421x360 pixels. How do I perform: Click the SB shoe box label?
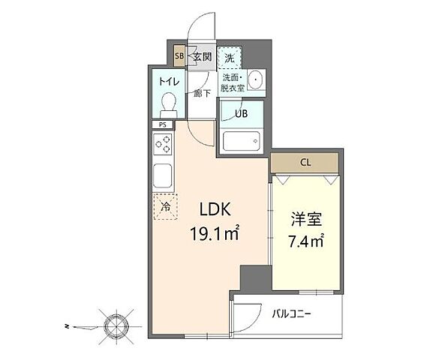[x=179, y=56]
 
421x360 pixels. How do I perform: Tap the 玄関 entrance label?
[x=203, y=56]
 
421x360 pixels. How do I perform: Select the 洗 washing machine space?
[x=230, y=58]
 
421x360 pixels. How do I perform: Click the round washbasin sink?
[x=255, y=79]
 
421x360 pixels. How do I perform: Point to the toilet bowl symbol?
[x=169, y=105]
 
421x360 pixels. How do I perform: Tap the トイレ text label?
[x=169, y=81]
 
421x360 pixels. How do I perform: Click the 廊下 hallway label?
[x=202, y=93]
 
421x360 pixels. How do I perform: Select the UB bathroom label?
[x=242, y=114]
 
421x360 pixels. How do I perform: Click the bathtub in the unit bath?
[x=242, y=141]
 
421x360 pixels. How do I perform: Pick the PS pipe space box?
[x=163, y=124]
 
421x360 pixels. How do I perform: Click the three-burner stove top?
[x=163, y=144]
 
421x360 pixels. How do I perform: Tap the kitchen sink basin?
[x=162, y=175]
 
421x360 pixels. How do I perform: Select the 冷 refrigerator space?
[x=165, y=206]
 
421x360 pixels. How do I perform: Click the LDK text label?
[x=215, y=209]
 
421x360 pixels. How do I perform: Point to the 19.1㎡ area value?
[x=215, y=232]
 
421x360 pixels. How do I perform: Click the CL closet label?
[x=305, y=162]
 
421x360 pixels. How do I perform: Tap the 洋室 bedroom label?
[x=306, y=219]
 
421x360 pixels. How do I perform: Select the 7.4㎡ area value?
[x=306, y=241]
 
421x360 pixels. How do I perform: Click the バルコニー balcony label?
[x=292, y=313]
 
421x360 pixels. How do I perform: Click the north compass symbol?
[x=116, y=326]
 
